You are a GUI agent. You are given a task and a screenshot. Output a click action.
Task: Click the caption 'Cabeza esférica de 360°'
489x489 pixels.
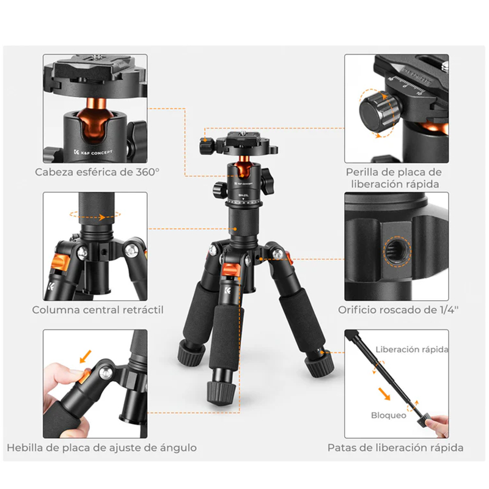coord(97,172)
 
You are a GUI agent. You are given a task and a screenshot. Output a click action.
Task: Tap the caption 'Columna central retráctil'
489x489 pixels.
coord(98,310)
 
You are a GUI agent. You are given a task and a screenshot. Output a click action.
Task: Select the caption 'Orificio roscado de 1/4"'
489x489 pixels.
coord(399,310)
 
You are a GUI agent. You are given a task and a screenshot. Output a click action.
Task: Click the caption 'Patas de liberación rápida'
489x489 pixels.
coord(395,448)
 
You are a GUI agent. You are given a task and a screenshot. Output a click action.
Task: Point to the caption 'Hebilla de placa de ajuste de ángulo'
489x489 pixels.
coord(101,448)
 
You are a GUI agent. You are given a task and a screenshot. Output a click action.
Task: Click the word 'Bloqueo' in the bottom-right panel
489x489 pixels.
coord(389,416)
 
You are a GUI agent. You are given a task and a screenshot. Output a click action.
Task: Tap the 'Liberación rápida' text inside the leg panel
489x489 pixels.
coord(411,349)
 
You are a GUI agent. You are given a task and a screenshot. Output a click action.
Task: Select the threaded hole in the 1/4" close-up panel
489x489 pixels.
coord(396,251)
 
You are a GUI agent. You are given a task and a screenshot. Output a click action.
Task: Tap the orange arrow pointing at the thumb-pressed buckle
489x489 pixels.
coord(86,356)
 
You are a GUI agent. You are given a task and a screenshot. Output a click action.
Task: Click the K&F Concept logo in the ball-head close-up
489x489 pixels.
coord(93,152)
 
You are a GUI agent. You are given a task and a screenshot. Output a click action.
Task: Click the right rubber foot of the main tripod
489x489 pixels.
coord(319,366)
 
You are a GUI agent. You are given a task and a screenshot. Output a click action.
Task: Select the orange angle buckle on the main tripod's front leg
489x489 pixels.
coord(231,270)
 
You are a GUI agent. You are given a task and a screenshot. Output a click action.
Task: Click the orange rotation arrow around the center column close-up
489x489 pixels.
coord(95,215)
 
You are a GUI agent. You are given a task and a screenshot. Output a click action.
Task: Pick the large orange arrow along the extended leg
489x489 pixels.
coord(384,394)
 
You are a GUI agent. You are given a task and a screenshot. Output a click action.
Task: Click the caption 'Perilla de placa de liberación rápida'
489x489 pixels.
coord(394,178)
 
